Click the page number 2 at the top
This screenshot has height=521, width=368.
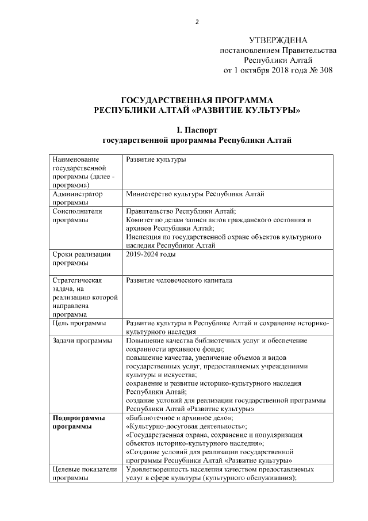(197, 22)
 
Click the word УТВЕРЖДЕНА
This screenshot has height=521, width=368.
(278, 40)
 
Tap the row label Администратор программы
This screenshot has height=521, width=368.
(77, 198)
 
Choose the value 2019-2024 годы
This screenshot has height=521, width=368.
(151, 254)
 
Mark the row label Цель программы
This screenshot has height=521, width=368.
(79, 324)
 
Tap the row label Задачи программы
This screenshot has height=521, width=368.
(82, 341)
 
